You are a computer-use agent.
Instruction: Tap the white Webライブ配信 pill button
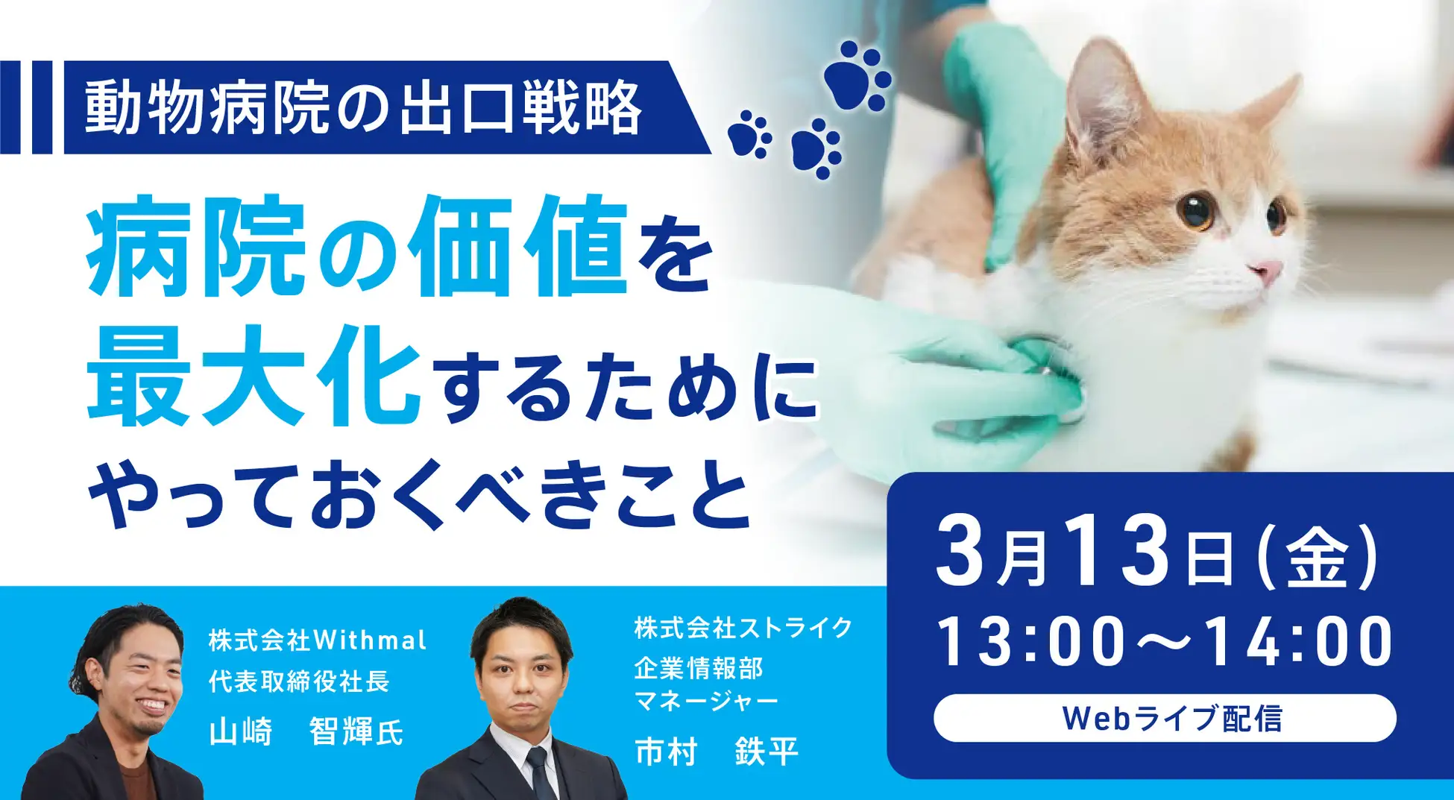pyautogui.click(x=1165, y=718)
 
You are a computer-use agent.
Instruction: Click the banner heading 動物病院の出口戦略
pyautogui.click(x=363, y=108)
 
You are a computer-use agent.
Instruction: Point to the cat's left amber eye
pyautogui.click(x=1196, y=210)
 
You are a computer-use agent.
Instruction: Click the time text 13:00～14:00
pyautogui.click(x=1164, y=641)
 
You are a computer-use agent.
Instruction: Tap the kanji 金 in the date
pyautogui.click(x=1317, y=558)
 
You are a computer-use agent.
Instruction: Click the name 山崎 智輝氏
pyautogui.click(x=306, y=731)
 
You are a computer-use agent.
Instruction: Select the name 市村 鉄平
pyautogui.click(x=717, y=751)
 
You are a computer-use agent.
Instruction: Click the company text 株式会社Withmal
pyautogui.click(x=318, y=640)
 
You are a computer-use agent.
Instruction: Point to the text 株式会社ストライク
pyautogui.click(x=743, y=628)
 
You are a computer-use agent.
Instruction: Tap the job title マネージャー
pyautogui.click(x=706, y=701)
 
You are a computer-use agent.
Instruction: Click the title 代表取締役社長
pyautogui.click(x=299, y=681)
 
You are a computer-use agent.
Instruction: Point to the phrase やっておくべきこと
pyautogui.click(x=418, y=494)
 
